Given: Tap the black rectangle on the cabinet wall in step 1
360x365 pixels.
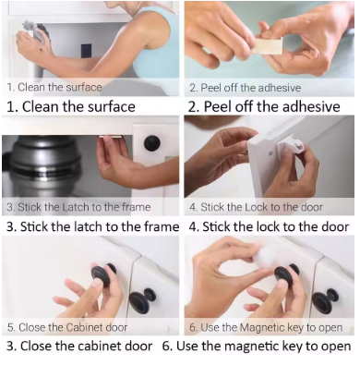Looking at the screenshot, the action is click(87, 53).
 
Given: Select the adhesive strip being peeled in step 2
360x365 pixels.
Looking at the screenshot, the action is click(269, 46).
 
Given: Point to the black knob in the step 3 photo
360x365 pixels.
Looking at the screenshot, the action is click(153, 144).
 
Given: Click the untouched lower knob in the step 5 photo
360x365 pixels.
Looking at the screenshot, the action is click(142, 300).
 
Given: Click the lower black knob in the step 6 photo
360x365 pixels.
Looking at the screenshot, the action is click(326, 300).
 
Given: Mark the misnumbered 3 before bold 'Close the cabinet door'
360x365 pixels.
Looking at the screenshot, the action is click(10, 347).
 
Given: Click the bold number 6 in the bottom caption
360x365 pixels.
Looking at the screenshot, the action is click(166, 347).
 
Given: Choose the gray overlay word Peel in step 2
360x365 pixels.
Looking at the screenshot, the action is click(210, 88).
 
